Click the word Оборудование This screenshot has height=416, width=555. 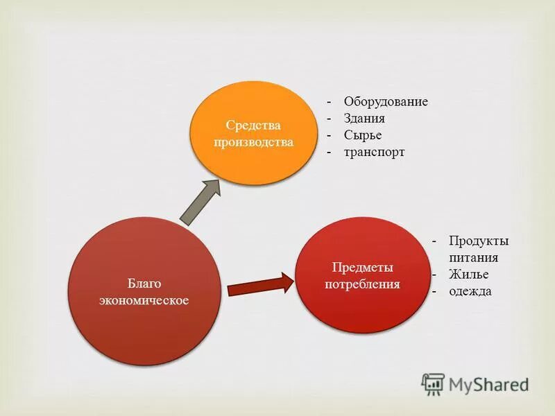point(386,102)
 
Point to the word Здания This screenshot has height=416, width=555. point(364,119)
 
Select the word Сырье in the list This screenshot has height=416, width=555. point(363,135)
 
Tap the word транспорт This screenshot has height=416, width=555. point(374,152)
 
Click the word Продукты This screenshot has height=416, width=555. point(479,241)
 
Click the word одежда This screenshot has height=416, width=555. point(470,291)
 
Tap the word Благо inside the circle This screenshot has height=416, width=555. point(144,284)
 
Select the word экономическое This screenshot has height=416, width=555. point(144,300)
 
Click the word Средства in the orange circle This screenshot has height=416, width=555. point(253,125)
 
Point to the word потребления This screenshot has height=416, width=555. point(363,284)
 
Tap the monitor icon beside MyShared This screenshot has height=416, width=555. point(433,384)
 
